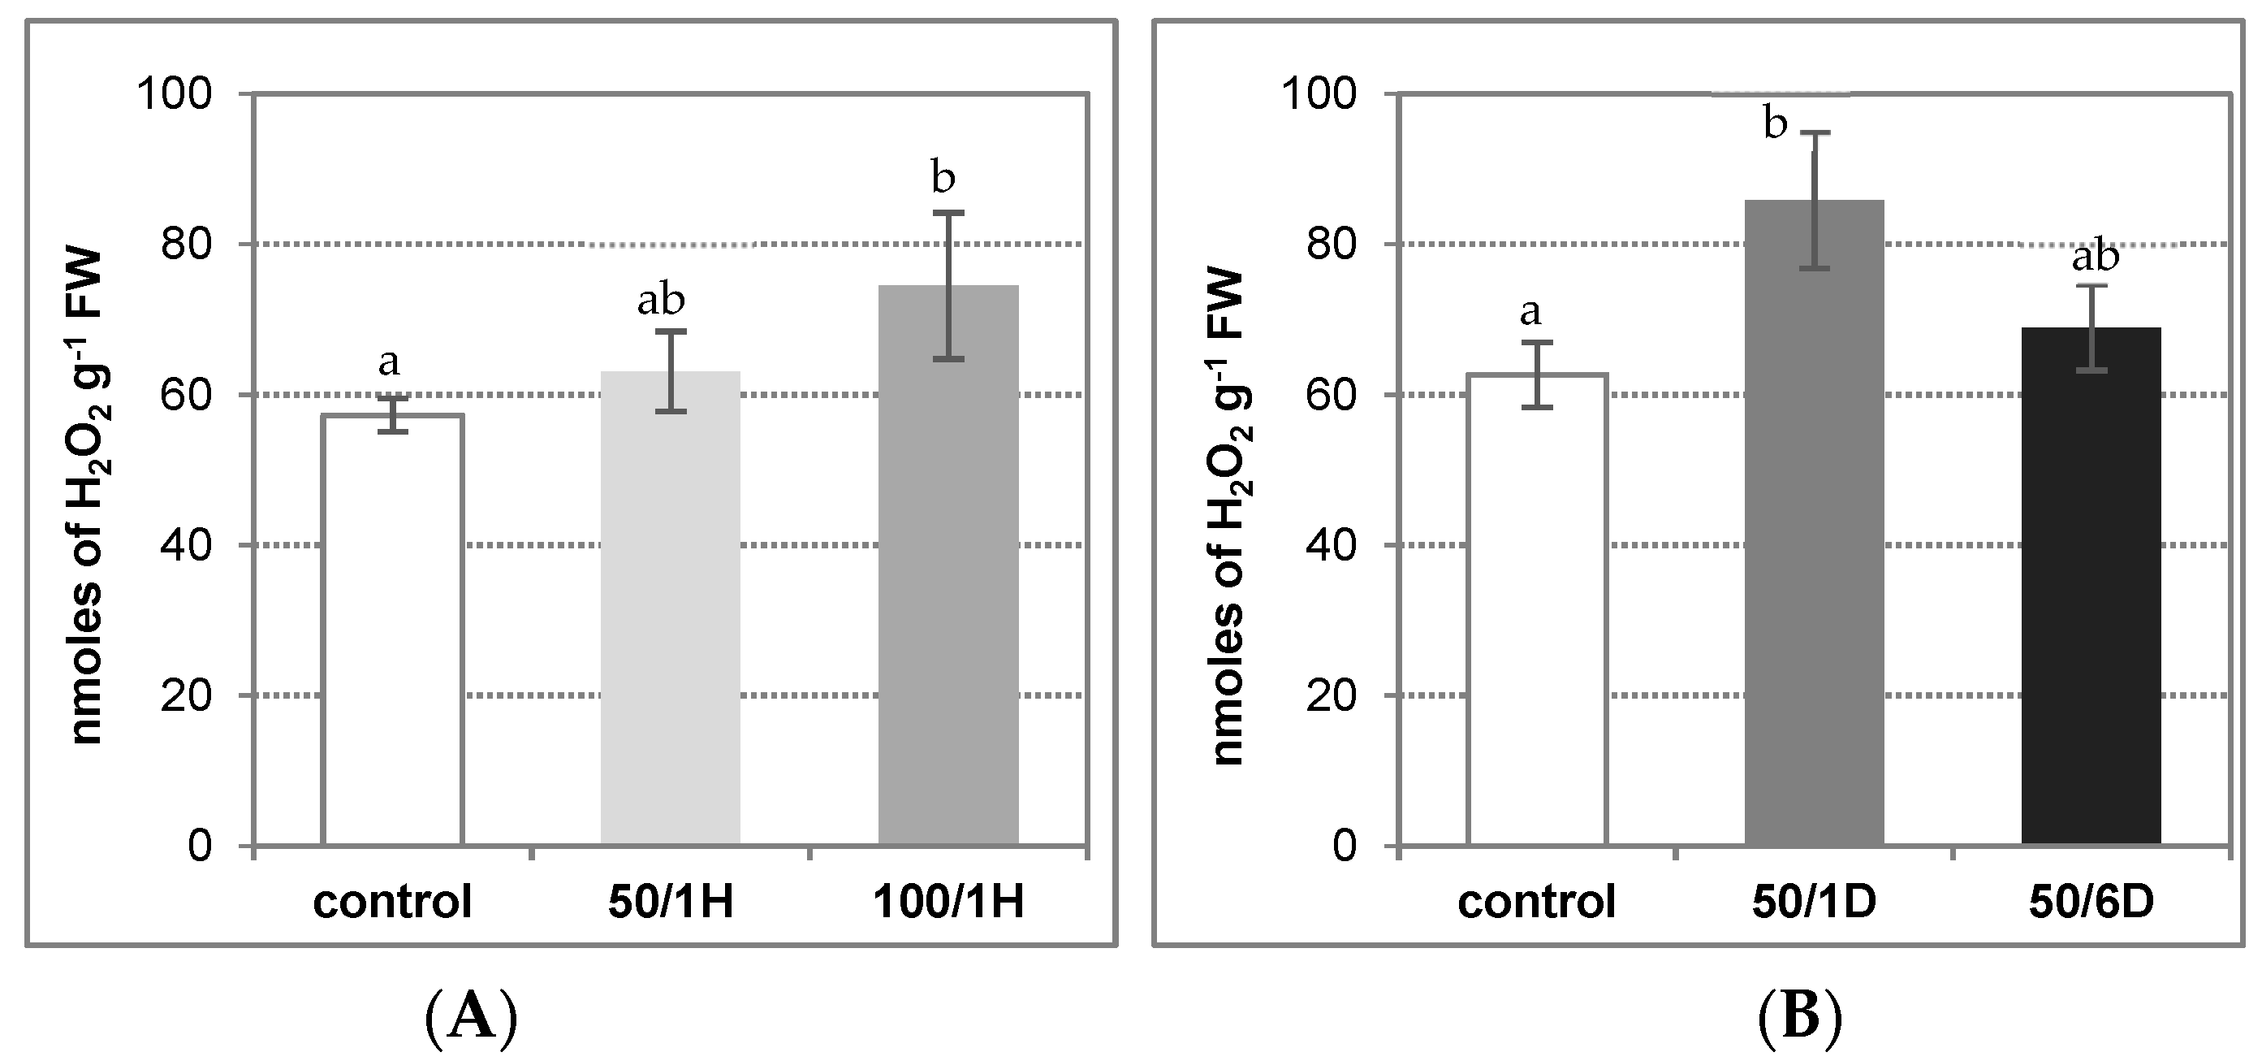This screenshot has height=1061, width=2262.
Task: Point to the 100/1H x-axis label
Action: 948,902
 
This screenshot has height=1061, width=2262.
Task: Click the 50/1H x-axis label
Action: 670,902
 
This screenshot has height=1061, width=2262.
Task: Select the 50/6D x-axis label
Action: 2091,902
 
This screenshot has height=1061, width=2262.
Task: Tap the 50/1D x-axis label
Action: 1813,902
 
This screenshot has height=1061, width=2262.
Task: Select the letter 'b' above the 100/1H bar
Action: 942,178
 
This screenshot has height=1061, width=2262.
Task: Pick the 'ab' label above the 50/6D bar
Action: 2096,258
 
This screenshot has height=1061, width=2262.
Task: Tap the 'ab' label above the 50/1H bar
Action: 660,301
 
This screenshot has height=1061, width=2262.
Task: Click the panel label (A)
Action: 471,1019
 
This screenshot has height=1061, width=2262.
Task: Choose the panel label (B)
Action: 1800,1019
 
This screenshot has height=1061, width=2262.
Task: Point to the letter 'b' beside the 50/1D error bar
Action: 1775,125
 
